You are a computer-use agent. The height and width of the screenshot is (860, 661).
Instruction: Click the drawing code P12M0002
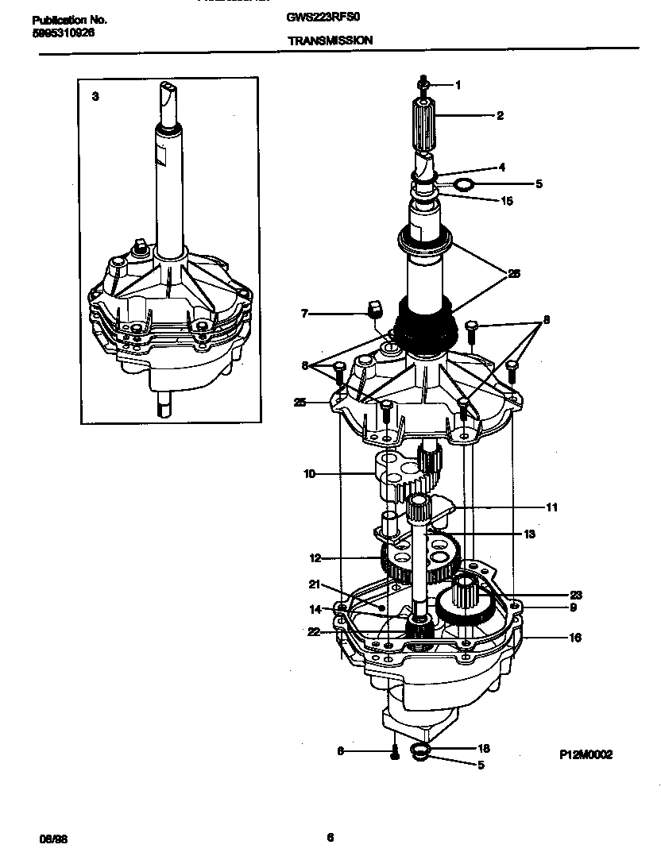(586, 755)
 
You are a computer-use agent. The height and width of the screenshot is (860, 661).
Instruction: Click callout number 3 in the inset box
(95, 96)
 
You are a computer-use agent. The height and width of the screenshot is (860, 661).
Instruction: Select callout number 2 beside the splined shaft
(500, 115)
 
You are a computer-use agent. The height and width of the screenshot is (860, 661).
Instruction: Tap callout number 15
(508, 201)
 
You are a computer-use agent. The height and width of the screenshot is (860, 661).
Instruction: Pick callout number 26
(514, 273)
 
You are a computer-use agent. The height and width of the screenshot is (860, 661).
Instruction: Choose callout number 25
(299, 403)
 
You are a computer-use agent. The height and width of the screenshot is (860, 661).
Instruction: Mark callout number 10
(309, 474)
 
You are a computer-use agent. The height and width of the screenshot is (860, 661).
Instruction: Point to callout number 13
(529, 534)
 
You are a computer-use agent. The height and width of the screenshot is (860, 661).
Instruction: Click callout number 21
(314, 584)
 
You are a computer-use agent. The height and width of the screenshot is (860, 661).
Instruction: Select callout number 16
(575, 637)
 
